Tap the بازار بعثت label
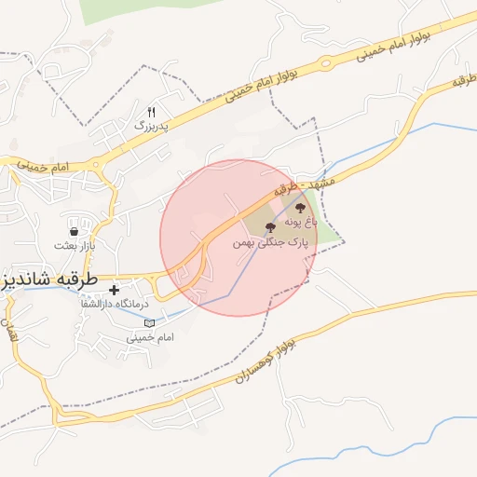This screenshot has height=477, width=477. [74, 245]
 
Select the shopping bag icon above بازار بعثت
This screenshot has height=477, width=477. [74, 230]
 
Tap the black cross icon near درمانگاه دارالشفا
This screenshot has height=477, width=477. [115, 290]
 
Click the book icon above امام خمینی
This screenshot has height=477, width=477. [149, 322]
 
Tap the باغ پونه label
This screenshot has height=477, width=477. [300, 223]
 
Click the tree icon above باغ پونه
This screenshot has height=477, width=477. [300, 209]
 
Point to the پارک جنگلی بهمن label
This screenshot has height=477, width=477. [270, 242]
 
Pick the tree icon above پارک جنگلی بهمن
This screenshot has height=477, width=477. [270, 227]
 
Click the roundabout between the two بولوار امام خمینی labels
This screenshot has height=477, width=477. [325, 63]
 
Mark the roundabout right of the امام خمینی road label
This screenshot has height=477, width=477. [97, 167]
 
